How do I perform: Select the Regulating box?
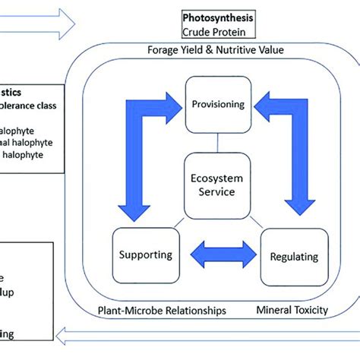(x=293, y=257)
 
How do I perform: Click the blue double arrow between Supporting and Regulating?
(x=217, y=254)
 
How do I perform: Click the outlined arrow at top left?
(x=38, y=24)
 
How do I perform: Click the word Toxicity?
(x=312, y=310)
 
